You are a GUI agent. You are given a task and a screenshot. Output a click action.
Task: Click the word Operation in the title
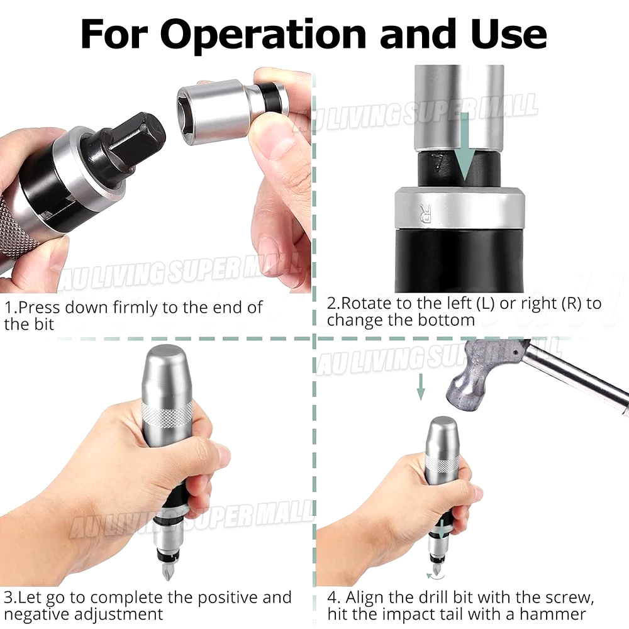[x=265, y=35]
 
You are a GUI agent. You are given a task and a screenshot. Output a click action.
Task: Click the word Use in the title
[x=509, y=34]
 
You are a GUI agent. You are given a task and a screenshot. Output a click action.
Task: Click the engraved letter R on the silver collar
[x=425, y=213]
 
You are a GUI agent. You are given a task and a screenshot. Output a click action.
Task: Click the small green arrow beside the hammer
[x=420, y=387]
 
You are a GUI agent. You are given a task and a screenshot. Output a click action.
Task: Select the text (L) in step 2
[x=485, y=304]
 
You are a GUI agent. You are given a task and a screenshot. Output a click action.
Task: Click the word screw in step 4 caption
[x=568, y=598]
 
